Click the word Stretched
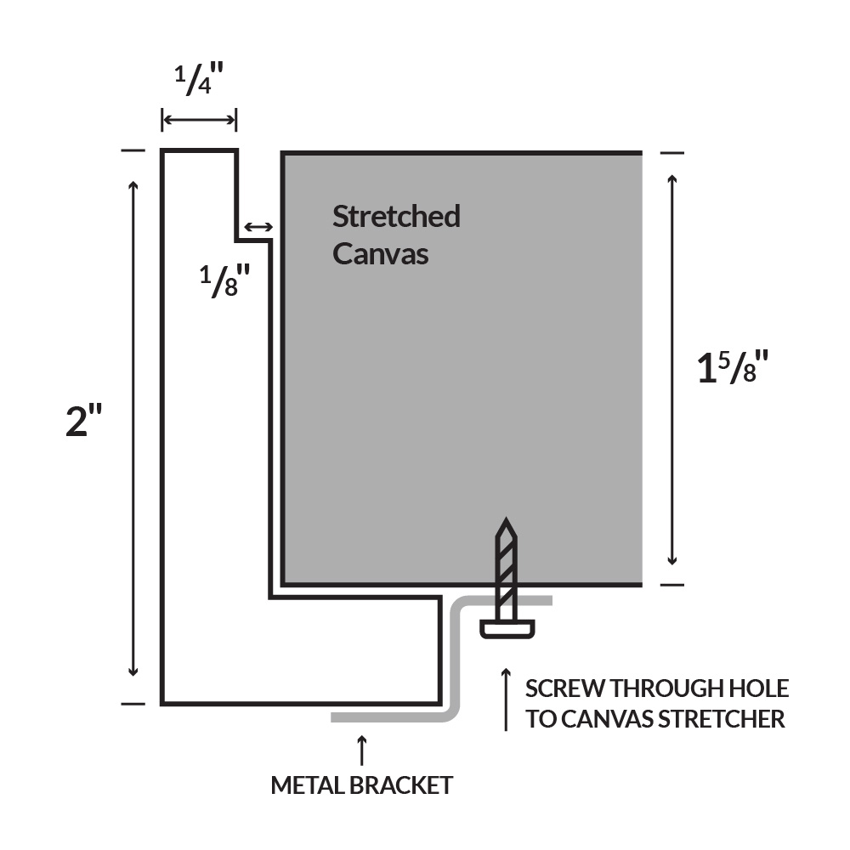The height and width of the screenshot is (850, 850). pos(395,217)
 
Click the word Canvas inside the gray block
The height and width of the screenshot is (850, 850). pos(380,253)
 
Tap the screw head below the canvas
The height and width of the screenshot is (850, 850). pos(507,629)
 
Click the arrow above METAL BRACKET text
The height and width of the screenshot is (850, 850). pos(362,750)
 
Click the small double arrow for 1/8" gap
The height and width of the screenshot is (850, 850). pos(258,227)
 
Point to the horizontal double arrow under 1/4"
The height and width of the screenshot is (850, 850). pos(199,120)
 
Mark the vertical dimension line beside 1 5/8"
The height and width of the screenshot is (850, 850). pos(672,370)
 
